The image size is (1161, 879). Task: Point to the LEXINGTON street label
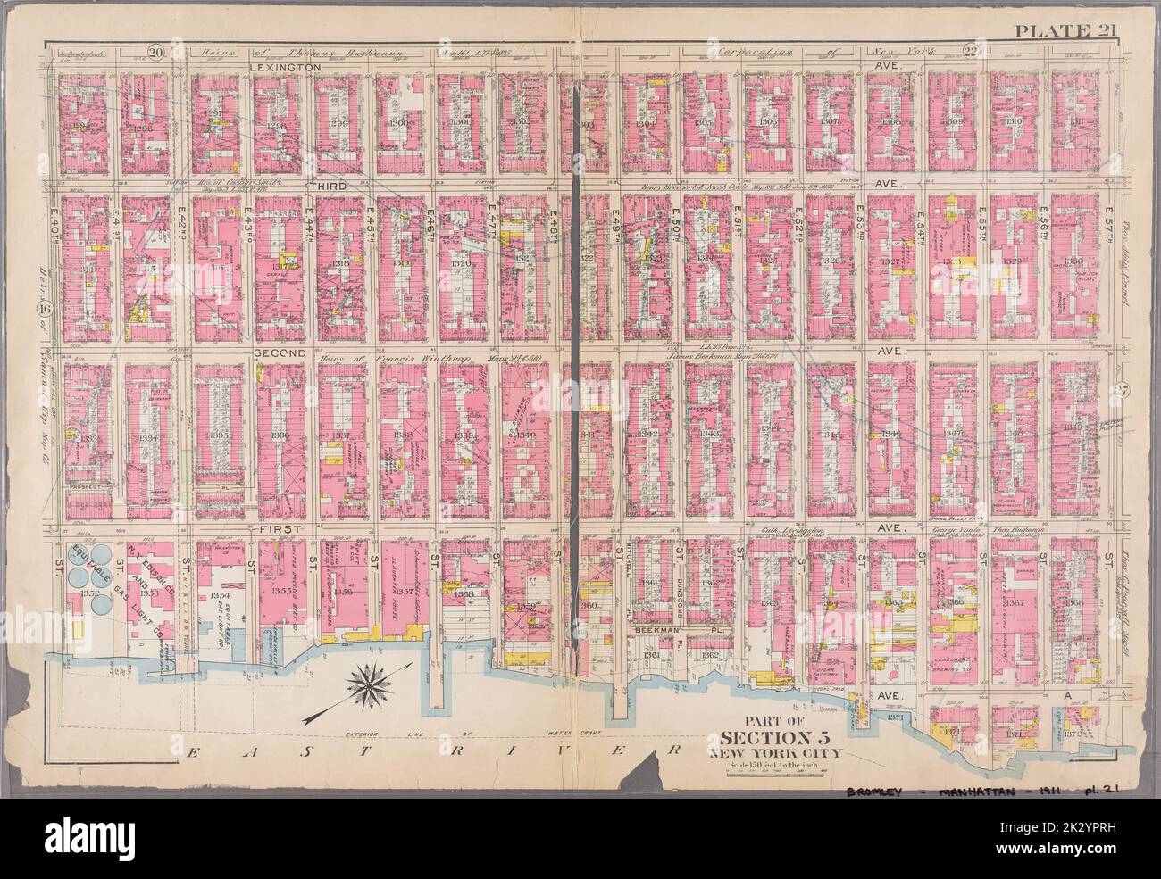(285, 67)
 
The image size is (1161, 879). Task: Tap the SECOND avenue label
(280, 352)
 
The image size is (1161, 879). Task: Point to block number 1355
(281, 591)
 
